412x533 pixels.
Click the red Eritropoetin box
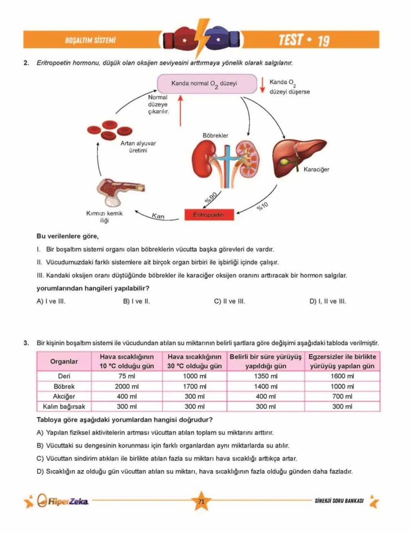coord(209,215)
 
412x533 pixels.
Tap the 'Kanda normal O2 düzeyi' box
coord(207,84)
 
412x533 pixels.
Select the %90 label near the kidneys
coord(211,198)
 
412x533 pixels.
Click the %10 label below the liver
coord(262,206)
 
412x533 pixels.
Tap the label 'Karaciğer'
coord(316,169)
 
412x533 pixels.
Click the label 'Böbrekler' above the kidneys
coord(216,135)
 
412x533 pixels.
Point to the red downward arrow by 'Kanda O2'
coord(262,85)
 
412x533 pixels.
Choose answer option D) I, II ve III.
coord(327,301)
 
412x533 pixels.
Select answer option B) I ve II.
coord(136,301)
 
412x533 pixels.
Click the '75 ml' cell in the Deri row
coord(127,376)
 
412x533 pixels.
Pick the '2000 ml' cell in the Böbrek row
coord(127,386)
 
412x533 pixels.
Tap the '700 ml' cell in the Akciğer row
coord(342,396)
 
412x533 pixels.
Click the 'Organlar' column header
coord(64,361)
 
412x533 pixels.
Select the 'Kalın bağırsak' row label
coord(64,407)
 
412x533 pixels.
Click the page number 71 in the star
coord(201,501)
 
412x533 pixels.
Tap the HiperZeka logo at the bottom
coord(63,501)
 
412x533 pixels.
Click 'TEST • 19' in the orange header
coord(304,40)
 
